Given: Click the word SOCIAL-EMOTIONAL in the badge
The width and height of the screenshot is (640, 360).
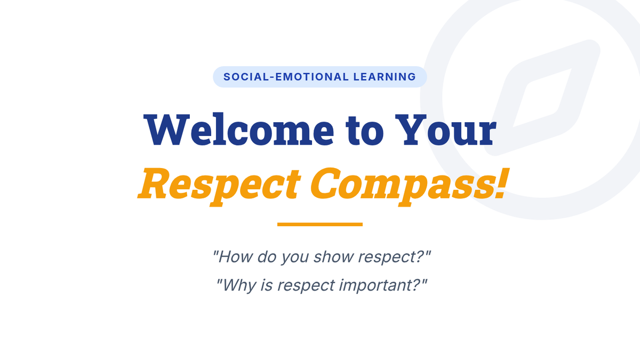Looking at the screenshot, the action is pyautogui.click(x=286, y=77).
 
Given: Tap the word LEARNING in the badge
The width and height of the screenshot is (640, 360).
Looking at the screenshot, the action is pyautogui.click(x=385, y=77).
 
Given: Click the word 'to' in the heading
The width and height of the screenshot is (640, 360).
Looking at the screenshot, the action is pyautogui.click(x=365, y=131).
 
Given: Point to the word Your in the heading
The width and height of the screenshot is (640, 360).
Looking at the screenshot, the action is pyautogui.click(x=446, y=130).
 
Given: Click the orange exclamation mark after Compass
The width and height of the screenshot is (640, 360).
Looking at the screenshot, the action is pyautogui.click(x=501, y=183).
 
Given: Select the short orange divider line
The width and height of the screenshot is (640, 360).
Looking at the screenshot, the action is pyautogui.click(x=320, y=225).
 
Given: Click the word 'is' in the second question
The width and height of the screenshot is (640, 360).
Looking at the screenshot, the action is pyautogui.click(x=266, y=285).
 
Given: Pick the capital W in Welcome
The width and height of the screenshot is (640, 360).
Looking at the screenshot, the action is pyautogui.click(x=166, y=130).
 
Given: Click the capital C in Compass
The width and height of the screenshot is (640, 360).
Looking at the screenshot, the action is pyautogui.click(x=326, y=183).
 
